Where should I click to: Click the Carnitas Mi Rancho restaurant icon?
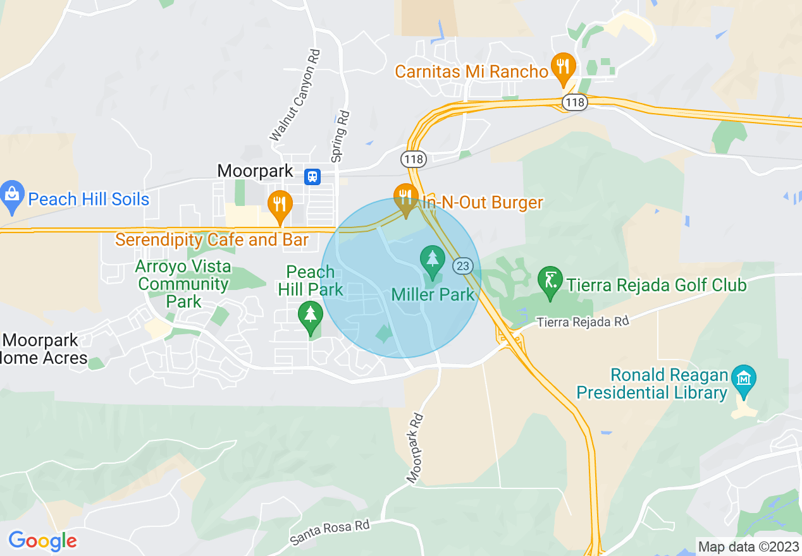(562, 66)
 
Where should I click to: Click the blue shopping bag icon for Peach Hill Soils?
(12, 193)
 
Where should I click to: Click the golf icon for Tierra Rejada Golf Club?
(550, 281)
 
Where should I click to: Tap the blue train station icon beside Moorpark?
(312, 176)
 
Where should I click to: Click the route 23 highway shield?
(463, 266)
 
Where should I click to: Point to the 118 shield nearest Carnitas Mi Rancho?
(576, 102)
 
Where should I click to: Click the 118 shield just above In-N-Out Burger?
(414, 159)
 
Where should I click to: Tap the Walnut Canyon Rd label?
(295, 95)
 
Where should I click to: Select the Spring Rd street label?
(340, 135)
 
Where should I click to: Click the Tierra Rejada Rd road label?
(583, 322)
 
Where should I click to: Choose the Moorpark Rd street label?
(415, 448)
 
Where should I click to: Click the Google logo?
(42, 541)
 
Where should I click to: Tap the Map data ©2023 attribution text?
(748, 547)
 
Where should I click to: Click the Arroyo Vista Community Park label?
(183, 284)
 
